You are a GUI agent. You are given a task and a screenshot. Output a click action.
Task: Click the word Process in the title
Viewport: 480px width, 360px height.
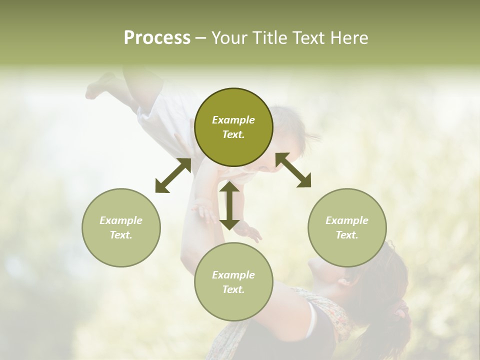point(157,38)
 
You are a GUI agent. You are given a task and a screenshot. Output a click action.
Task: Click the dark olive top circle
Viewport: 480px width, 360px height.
point(233,127)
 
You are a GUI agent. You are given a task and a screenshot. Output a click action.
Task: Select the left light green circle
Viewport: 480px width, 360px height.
point(121,227)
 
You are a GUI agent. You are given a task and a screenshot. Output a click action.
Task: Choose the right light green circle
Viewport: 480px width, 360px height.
point(347,227)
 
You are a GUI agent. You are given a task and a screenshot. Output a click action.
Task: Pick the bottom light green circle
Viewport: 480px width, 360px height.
point(233,282)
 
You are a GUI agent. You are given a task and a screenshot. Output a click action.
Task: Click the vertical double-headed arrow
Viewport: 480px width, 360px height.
point(229,205)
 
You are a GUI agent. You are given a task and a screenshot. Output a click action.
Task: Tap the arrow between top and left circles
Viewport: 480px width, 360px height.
point(173,175)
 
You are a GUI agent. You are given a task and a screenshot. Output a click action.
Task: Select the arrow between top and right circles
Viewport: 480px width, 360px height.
point(293,170)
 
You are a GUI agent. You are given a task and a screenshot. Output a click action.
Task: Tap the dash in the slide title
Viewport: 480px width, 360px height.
point(200,38)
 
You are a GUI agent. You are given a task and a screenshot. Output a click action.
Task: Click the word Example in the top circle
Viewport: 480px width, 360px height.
point(233,120)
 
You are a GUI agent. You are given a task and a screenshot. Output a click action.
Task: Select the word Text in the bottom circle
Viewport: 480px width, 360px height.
point(233,289)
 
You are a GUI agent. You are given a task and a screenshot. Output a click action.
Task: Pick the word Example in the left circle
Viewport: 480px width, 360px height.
point(121,220)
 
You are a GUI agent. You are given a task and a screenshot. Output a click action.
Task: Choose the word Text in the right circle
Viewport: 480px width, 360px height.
point(346,235)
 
